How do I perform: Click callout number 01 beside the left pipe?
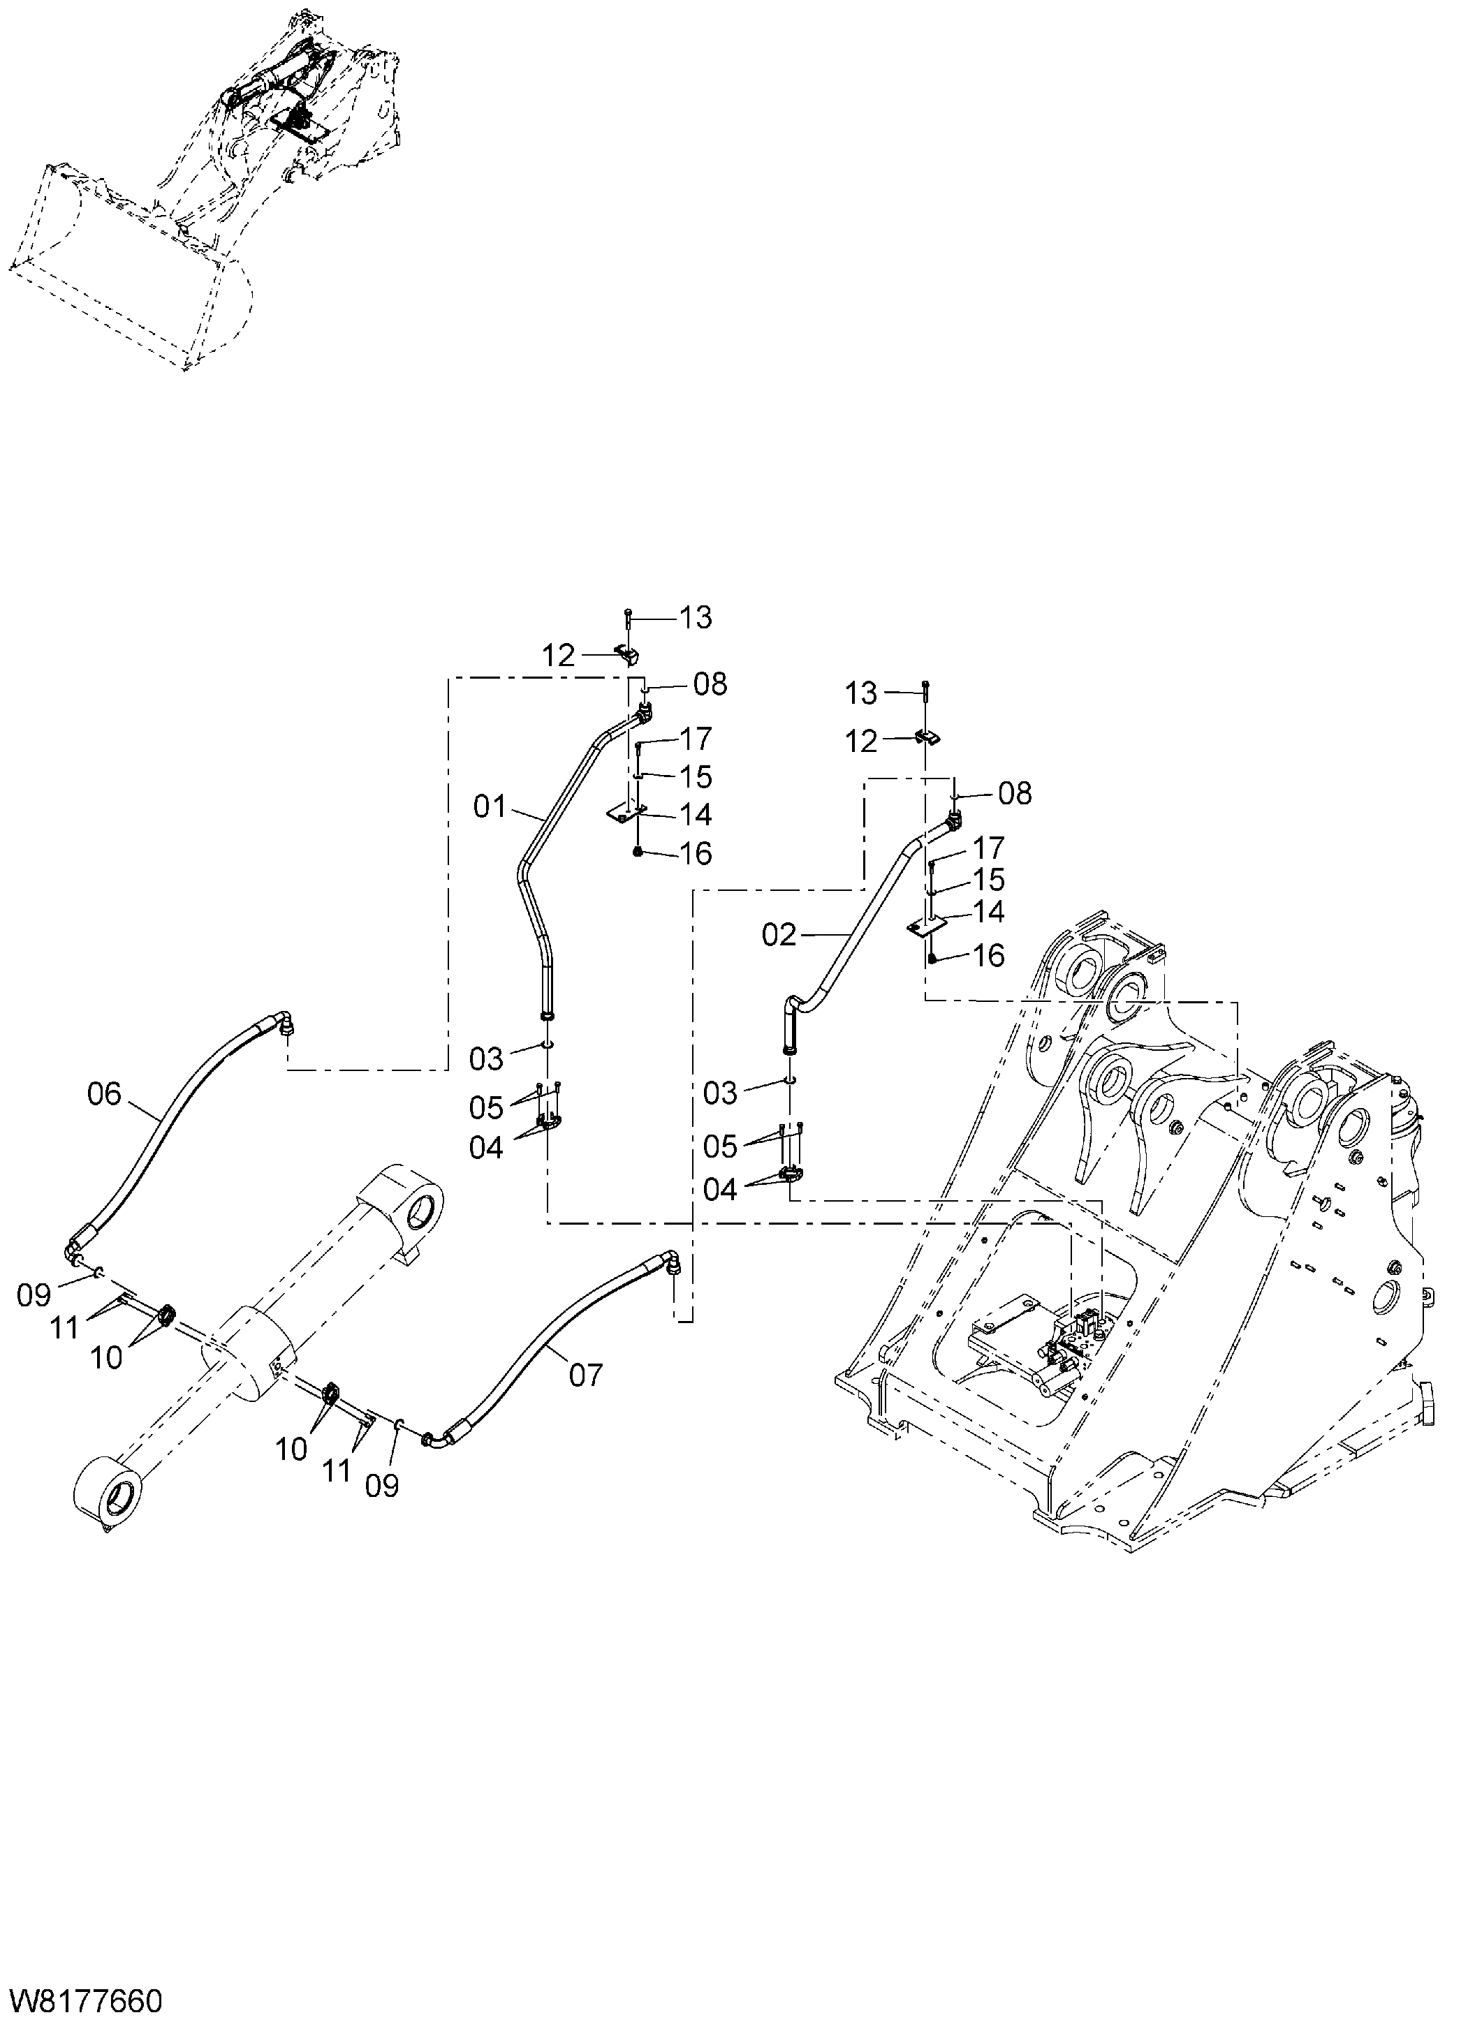pos(490,808)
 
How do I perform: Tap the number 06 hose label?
pos(103,1094)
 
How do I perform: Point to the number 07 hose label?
pos(586,1375)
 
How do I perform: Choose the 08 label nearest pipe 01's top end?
pos(710,685)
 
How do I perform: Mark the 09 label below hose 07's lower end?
pos(382,1485)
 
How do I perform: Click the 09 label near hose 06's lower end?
pos(34,1295)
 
